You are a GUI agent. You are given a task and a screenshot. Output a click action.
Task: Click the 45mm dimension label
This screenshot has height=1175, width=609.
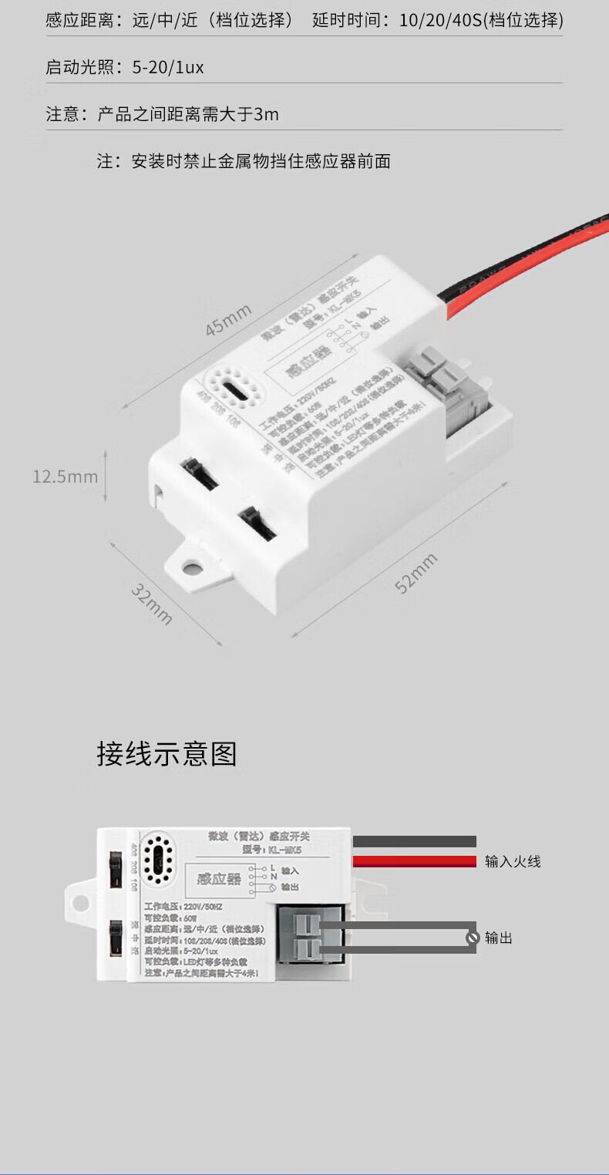(228, 320)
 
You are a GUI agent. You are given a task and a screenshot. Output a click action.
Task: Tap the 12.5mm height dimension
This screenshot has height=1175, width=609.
(66, 476)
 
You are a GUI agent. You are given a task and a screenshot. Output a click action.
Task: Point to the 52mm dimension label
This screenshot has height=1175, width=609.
(416, 573)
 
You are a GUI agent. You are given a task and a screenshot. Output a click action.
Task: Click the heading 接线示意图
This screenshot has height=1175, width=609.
(167, 754)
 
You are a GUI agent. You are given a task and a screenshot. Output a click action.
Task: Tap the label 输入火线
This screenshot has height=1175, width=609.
(513, 861)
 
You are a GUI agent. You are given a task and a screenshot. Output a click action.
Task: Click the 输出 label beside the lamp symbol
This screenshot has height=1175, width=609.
(499, 938)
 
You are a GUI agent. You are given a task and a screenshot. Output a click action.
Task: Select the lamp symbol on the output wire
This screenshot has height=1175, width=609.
(473, 938)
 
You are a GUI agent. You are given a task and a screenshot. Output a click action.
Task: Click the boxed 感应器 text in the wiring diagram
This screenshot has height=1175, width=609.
(220, 879)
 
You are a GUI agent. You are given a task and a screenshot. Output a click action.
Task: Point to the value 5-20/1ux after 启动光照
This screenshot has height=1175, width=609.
(168, 68)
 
